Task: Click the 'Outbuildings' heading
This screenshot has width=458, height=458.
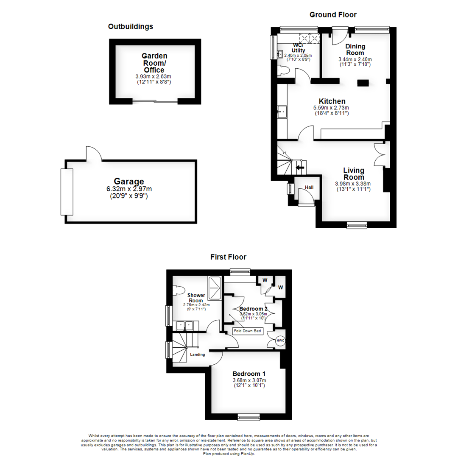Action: [130, 27]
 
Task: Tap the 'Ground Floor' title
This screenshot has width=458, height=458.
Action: [332, 15]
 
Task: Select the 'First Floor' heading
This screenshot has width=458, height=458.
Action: [228, 257]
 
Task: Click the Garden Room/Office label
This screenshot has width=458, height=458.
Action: [154, 63]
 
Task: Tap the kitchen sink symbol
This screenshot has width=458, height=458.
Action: [282, 112]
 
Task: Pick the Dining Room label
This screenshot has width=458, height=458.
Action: [355, 50]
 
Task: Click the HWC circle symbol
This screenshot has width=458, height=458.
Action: [280, 340]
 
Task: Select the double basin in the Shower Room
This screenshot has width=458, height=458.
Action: [184, 326]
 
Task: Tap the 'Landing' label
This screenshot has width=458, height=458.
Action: [198, 355]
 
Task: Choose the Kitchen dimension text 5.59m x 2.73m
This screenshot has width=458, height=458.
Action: [332, 108]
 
